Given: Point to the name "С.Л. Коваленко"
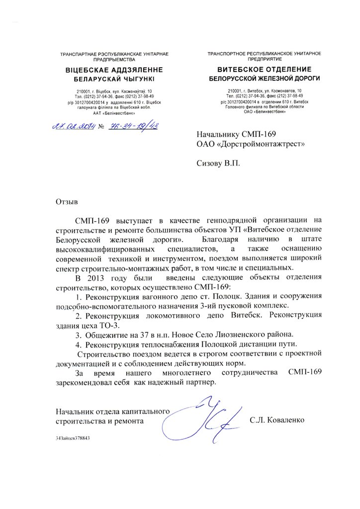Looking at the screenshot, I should coord(276,420).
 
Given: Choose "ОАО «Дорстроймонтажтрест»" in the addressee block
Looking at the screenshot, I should coord(250,144).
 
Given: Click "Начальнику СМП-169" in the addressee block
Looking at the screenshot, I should coord(236,134).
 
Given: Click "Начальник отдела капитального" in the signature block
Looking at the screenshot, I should coord(113,411).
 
